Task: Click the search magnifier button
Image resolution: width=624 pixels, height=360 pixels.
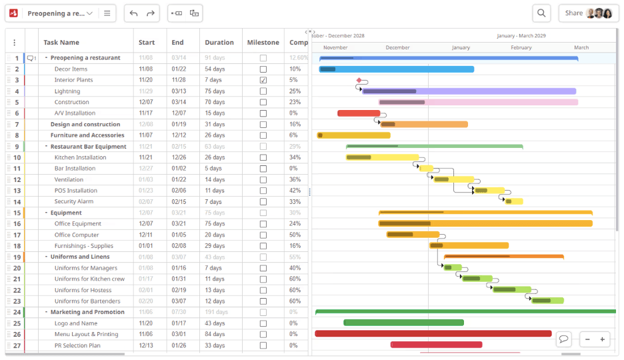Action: coord(541,13)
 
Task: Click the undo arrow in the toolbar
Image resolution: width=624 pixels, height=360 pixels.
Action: coord(133,13)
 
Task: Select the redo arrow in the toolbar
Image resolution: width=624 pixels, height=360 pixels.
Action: coord(151,13)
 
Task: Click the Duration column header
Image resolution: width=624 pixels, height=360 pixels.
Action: coord(219,42)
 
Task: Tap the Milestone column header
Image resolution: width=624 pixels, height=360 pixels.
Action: coord(263,42)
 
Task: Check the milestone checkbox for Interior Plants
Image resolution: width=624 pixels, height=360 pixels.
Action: coord(263,80)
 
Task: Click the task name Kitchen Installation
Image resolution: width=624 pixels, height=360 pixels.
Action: coord(80,157)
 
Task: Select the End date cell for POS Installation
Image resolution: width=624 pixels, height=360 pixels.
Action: coord(179,191)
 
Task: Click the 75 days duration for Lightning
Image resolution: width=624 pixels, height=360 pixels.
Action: coord(215,91)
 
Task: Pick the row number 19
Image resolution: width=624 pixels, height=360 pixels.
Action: coord(17,257)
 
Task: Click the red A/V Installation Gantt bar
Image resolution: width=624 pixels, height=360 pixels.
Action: coord(358,113)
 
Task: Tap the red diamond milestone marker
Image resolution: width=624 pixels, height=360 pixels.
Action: coord(359,80)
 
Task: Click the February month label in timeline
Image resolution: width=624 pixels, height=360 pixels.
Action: coord(521,47)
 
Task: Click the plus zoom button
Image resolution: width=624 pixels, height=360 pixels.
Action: coord(602,339)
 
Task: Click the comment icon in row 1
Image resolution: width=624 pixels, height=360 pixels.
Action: coord(31,58)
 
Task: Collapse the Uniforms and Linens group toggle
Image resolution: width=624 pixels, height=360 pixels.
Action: coord(46,257)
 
